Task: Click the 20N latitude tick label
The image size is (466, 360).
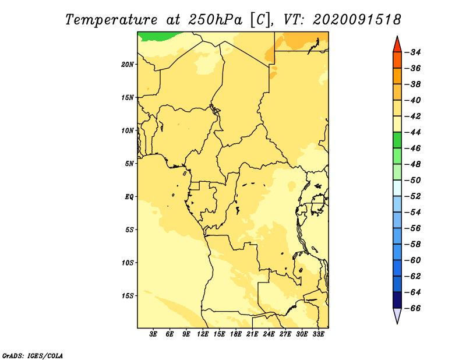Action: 128,65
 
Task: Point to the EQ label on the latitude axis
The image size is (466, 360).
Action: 129,197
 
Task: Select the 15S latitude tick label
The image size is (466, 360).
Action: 128,296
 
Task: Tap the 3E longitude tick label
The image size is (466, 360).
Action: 153,334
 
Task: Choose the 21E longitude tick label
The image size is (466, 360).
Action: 252,334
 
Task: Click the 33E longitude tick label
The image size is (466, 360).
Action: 318,334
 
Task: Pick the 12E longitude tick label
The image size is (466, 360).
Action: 203,334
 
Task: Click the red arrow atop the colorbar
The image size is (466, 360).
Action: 397,45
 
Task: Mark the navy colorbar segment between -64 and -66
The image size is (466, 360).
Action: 397,300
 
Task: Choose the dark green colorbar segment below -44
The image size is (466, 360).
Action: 397,140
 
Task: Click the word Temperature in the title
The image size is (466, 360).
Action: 111,20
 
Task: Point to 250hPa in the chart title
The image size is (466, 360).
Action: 215,20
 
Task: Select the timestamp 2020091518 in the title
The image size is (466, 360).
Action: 356,20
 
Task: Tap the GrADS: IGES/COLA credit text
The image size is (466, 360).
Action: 33,355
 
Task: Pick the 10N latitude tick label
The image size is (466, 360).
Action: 128,130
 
